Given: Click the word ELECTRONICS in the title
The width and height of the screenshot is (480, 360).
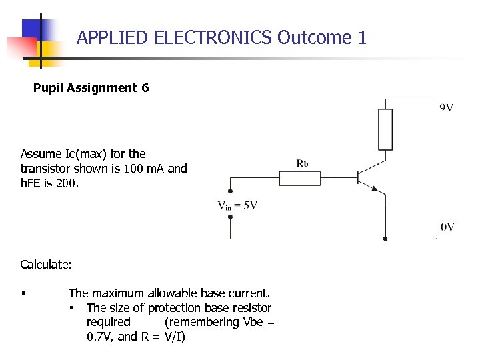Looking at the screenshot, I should pyautogui.click(x=213, y=37).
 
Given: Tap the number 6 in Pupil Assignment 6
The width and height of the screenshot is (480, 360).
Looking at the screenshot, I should pyautogui.click(x=145, y=88).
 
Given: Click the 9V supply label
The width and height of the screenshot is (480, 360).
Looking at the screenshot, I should pyautogui.click(x=447, y=107).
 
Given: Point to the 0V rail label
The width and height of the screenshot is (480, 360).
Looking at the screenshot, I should pyautogui.click(x=447, y=227).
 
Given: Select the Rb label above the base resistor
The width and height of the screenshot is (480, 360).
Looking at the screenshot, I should pyautogui.click(x=302, y=163).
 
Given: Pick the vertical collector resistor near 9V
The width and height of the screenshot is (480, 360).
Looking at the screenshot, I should pyautogui.click(x=385, y=130).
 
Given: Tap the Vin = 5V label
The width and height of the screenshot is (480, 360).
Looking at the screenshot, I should pyautogui.click(x=237, y=206).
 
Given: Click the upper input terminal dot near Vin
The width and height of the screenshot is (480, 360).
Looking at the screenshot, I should pyautogui.click(x=231, y=191).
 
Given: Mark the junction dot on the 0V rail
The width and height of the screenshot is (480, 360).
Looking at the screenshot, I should pyautogui.click(x=385, y=238).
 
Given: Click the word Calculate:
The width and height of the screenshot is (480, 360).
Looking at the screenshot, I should pyautogui.click(x=46, y=265).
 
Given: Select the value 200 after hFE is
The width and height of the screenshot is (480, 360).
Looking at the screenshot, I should pyautogui.click(x=67, y=183).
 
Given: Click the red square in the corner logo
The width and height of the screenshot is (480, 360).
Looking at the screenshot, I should pyautogui.click(x=20, y=48).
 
